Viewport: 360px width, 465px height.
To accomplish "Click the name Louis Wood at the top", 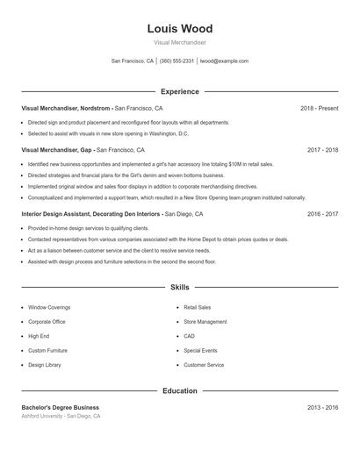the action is (179, 29).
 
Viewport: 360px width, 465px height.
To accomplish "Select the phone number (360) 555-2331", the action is (176, 61).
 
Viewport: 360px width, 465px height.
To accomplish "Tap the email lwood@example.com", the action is (224, 61).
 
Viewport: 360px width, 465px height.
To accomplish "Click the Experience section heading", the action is (179, 91).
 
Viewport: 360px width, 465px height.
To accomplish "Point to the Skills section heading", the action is (179, 287).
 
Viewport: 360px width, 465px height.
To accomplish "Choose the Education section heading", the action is (179, 390).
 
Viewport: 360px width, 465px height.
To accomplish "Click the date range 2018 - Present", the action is (319, 108).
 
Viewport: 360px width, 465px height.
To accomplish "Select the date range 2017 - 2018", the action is (322, 150).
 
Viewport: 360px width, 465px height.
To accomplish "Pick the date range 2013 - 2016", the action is (322, 408).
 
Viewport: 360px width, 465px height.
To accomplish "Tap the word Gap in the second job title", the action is (86, 150).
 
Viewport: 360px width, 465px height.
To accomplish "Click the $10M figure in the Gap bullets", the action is (236, 164).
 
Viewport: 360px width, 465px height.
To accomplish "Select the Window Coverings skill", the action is (49, 308).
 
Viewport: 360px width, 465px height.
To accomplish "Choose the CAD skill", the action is (189, 336).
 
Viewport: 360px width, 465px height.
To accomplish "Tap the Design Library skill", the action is (45, 364).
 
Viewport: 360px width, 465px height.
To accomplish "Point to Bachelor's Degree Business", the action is (61, 408).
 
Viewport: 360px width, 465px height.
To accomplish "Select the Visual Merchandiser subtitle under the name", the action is (179, 42).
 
